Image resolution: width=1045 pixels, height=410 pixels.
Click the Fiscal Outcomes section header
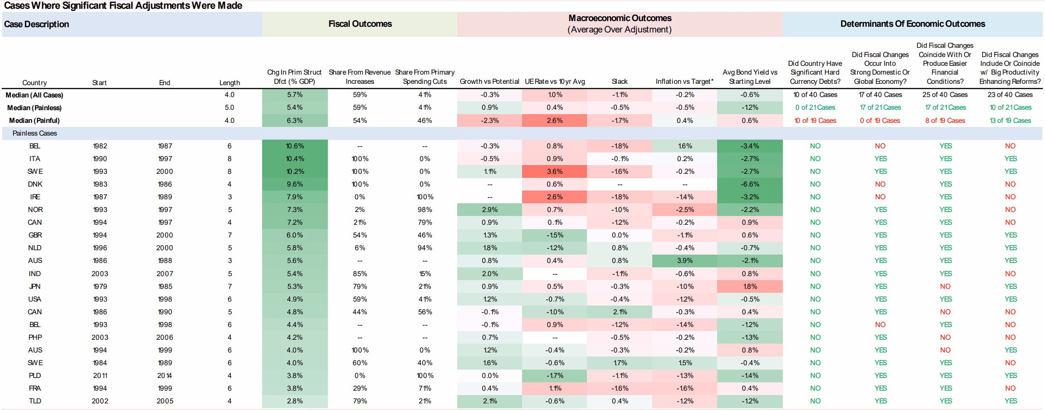360,24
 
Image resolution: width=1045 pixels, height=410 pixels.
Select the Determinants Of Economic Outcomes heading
913,24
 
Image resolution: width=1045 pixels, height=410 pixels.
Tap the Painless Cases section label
35,133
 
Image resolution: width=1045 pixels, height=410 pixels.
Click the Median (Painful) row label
34,120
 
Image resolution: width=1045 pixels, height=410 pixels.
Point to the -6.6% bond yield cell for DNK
750,184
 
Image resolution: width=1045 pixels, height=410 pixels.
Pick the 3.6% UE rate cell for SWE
554,171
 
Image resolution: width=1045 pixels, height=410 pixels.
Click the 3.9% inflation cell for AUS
685,260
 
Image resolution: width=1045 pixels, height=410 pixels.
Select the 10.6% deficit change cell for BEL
295,146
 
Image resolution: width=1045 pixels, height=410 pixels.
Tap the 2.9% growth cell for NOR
490,209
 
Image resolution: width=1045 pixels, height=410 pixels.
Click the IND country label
35,273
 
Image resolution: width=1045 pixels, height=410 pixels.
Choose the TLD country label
35,401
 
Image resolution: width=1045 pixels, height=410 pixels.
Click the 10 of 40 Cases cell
815,94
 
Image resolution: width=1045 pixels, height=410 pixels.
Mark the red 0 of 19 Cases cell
880,120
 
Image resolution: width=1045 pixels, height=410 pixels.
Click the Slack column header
619,81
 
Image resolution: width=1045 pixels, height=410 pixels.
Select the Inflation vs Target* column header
685,81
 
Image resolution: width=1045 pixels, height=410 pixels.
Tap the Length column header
230,83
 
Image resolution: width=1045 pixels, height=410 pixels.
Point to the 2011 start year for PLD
100,375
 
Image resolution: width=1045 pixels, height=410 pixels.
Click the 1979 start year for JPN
100,286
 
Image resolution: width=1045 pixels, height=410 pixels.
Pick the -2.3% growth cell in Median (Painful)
490,120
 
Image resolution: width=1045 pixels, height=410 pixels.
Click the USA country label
35,299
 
